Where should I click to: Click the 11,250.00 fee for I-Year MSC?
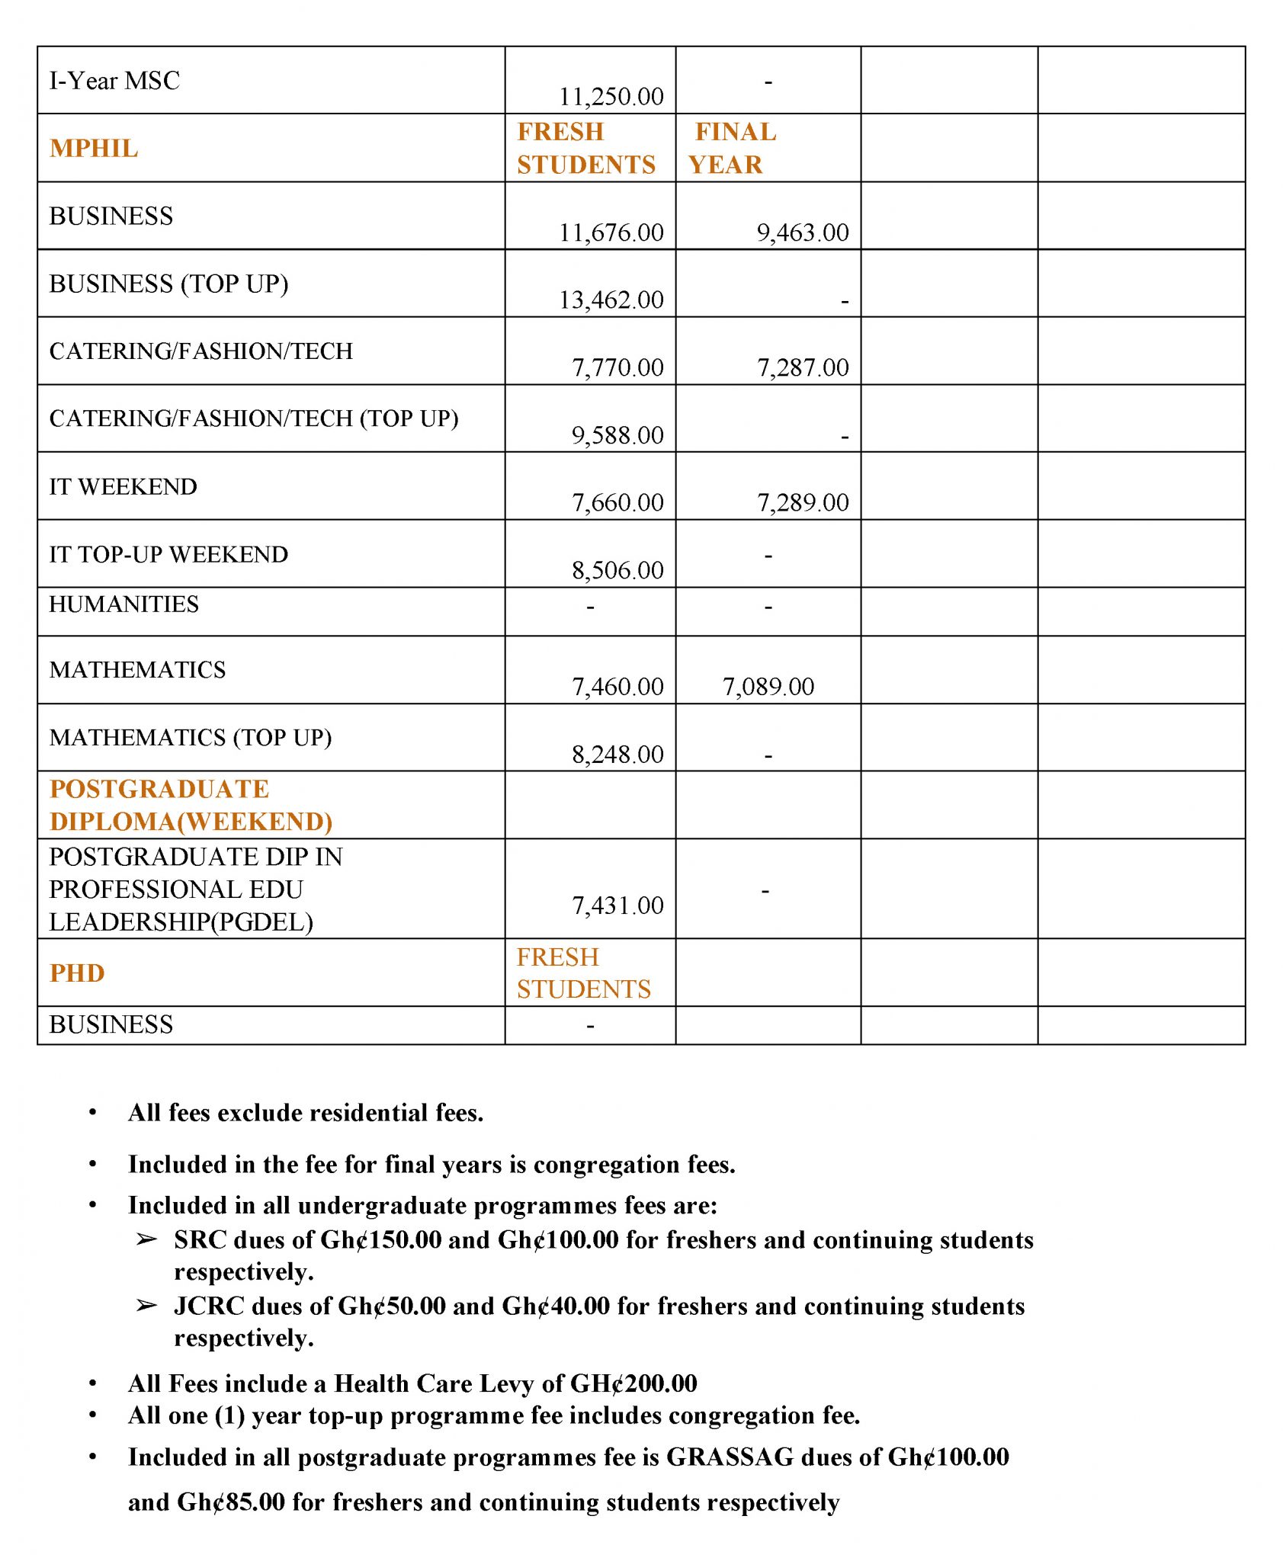point(611,97)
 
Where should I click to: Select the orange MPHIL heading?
point(94,148)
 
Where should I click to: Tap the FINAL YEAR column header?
point(731,148)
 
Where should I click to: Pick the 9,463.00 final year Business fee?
point(802,232)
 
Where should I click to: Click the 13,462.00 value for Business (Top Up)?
point(611,300)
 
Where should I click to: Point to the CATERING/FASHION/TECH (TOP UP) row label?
point(254,418)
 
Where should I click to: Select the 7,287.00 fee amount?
point(802,367)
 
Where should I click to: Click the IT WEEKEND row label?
point(123,486)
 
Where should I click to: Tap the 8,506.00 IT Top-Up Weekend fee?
point(617,570)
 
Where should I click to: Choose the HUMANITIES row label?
point(123,604)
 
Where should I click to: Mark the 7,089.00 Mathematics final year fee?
point(768,687)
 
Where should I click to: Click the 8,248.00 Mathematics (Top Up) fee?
point(617,755)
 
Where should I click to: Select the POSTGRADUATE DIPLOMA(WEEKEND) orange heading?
point(191,805)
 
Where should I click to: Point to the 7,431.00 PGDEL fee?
point(617,906)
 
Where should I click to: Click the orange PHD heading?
point(77,973)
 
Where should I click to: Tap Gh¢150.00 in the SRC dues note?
point(380,1239)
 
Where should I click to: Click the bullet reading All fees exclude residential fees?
point(306,1113)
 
